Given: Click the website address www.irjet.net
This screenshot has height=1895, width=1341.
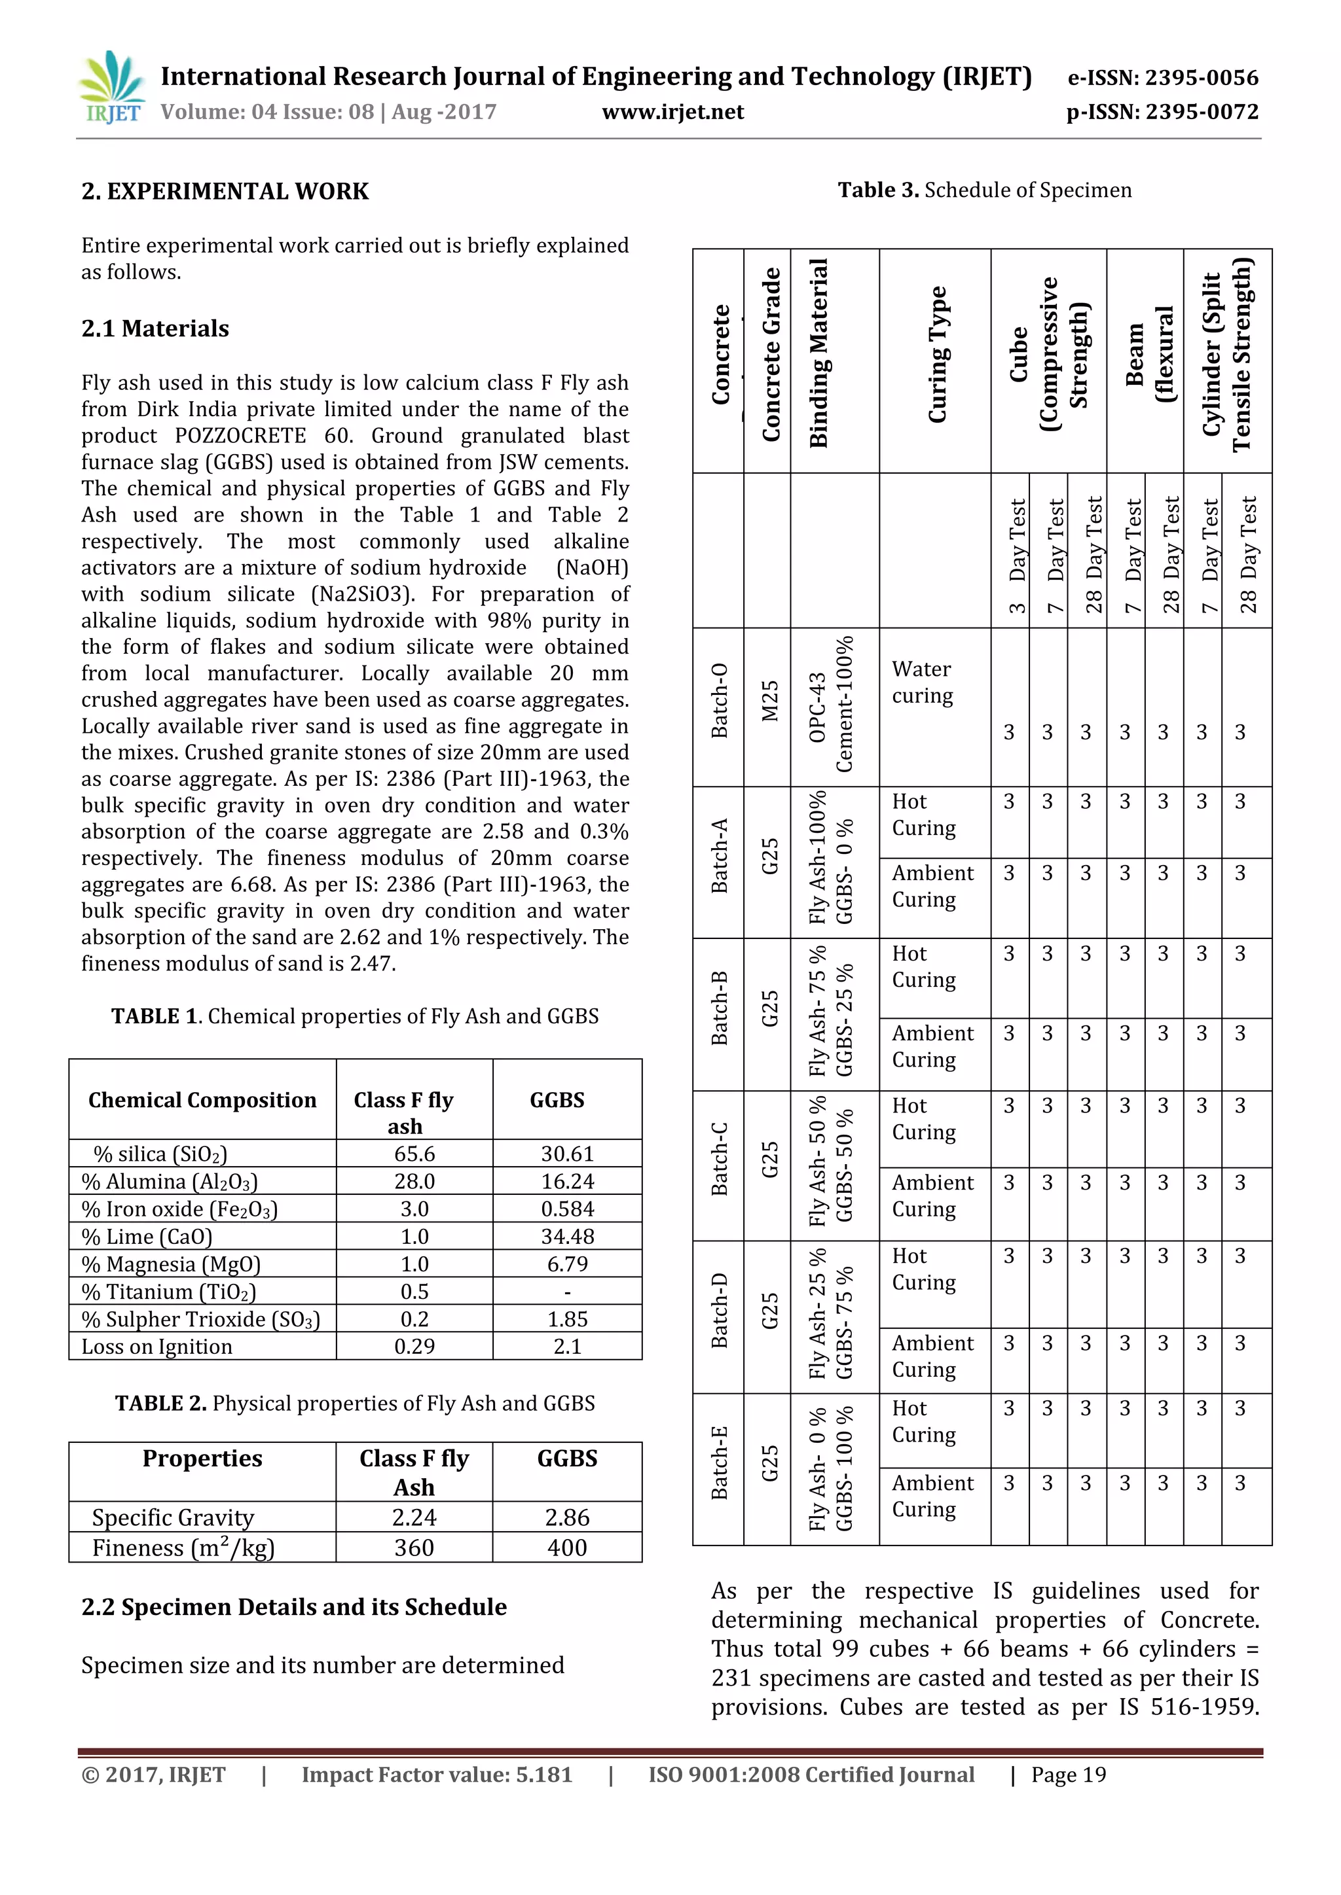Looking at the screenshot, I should [672, 113].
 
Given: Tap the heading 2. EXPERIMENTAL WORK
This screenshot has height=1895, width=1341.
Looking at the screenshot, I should [225, 192].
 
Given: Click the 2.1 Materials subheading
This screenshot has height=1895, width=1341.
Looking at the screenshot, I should [155, 328].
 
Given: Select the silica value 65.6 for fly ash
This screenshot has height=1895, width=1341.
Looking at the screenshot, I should [414, 1154].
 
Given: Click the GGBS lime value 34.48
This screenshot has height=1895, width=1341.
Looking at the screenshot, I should [567, 1236].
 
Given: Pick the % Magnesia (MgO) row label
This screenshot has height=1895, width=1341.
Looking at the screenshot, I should [171, 1264].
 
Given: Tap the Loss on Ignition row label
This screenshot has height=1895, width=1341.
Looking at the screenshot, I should [157, 1347].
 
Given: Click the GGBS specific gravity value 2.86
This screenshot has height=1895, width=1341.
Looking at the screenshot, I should [567, 1517].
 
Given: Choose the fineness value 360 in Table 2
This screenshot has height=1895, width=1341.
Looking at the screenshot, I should [414, 1548].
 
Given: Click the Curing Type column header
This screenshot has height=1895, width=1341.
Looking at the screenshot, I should [936, 355].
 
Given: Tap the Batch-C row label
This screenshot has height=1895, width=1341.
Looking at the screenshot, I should [719, 1159].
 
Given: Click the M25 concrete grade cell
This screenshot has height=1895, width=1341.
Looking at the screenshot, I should [769, 701].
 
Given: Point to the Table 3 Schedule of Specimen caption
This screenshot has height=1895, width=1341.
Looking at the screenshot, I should [984, 190].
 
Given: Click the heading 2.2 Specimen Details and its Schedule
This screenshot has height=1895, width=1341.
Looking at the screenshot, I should [294, 1607].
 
